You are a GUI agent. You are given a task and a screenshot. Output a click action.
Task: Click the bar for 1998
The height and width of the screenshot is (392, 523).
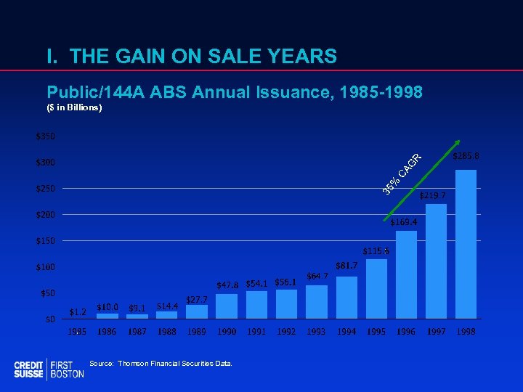tap(466, 245)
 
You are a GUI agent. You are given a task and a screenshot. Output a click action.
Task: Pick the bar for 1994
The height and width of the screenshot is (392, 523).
tap(346, 298)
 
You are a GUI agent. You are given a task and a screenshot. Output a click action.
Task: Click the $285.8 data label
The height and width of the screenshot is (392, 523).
tap(466, 156)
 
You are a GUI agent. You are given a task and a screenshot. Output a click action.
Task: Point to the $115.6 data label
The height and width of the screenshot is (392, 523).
tap(376, 251)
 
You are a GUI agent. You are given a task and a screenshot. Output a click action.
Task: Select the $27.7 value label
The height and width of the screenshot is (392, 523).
tap(197, 299)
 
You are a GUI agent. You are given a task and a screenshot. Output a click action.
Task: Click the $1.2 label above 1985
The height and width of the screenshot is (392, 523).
tap(77, 312)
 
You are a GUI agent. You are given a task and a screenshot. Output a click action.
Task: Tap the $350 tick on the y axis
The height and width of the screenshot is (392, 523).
tap(45, 136)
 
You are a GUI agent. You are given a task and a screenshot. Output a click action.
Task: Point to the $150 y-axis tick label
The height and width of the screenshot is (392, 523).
tap(45, 241)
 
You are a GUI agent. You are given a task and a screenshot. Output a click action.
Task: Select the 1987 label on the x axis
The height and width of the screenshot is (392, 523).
tap(137, 332)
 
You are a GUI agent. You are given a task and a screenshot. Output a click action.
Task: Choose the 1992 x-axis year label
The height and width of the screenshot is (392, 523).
tap(286, 332)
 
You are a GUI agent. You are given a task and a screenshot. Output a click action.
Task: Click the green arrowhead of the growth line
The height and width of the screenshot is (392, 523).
tap(457, 143)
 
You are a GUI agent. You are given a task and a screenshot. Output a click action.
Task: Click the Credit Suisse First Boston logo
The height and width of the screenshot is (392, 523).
tap(49, 369)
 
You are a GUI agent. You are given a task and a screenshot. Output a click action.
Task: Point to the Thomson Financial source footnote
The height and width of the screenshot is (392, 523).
tap(161, 363)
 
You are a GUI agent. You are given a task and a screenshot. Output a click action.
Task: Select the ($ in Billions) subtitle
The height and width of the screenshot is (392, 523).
tap(74, 108)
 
